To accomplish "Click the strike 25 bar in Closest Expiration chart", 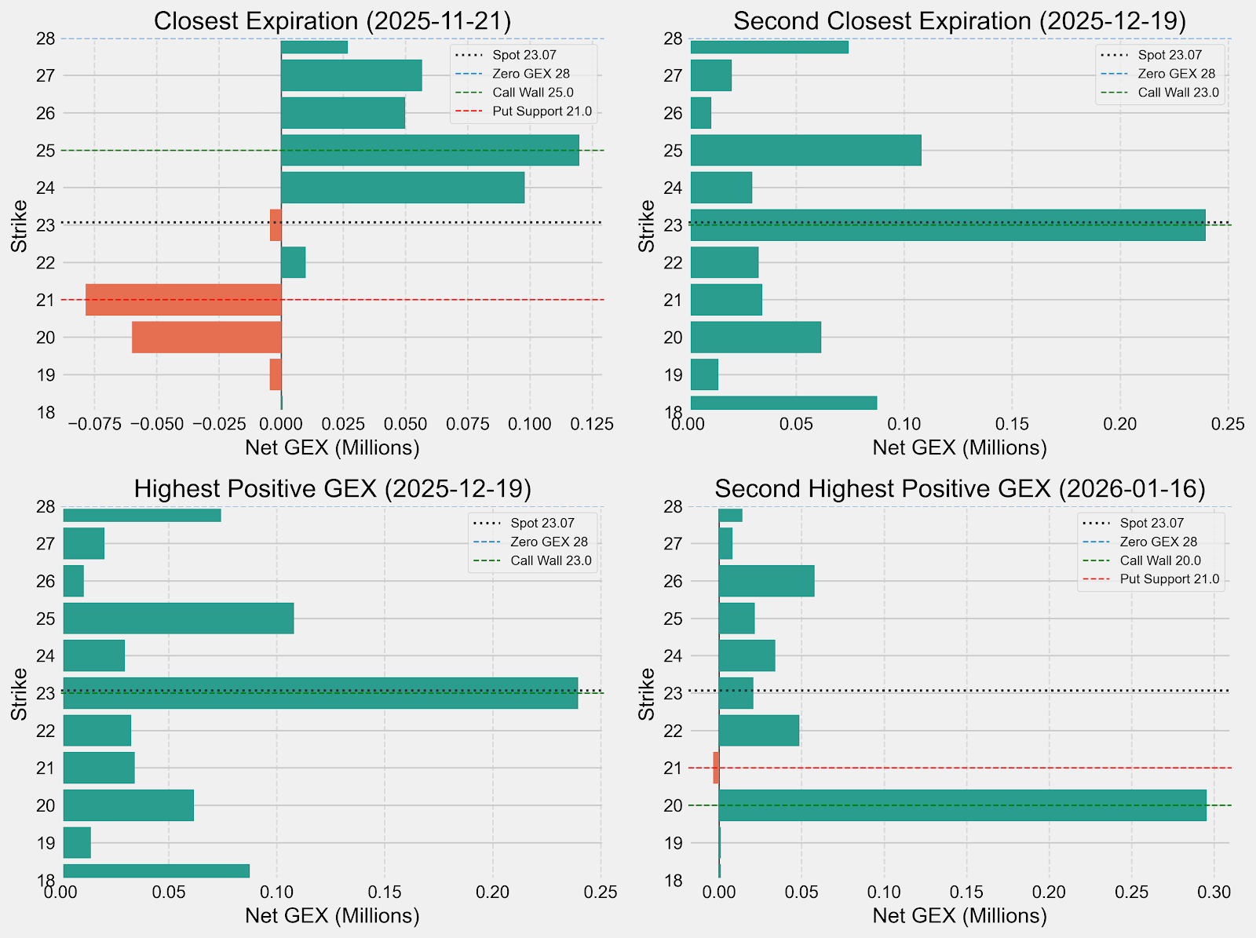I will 429,150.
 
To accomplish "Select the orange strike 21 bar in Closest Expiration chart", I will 183,300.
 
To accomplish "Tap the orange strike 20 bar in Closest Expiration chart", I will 206,338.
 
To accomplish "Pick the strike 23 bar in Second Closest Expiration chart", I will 947,225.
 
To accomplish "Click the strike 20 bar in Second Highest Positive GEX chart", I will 962,805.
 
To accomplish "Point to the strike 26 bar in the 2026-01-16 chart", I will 766,581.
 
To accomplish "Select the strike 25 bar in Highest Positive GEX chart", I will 178,619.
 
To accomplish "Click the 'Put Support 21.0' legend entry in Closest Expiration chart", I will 542,111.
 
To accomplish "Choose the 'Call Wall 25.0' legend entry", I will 532,93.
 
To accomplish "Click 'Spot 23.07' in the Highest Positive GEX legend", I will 542,523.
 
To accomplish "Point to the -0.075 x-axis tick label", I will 94,425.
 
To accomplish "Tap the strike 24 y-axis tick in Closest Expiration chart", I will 46,188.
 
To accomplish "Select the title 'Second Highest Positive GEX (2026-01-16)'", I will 959,489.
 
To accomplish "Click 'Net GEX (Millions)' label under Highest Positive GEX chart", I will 332,915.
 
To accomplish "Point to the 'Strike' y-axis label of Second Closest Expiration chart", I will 647,226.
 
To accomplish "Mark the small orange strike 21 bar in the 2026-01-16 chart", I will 716,768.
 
